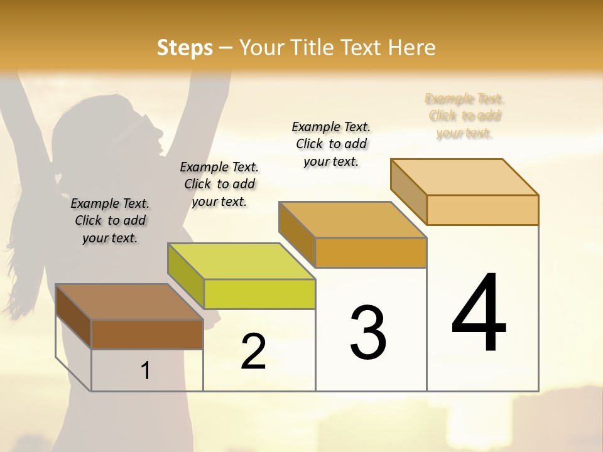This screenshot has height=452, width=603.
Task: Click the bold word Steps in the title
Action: (x=185, y=48)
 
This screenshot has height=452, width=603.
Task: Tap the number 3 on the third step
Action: (x=367, y=332)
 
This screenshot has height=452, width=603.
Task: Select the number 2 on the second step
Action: (x=253, y=352)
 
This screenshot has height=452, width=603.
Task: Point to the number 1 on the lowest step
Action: (x=145, y=371)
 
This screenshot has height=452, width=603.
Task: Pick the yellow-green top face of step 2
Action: (x=242, y=261)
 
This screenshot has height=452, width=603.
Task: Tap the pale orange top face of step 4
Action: (x=465, y=177)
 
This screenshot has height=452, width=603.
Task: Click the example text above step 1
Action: (x=110, y=220)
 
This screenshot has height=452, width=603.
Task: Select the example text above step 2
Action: (x=219, y=184)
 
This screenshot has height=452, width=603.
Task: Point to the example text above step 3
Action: (x=331, y=144)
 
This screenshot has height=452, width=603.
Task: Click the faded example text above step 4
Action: (x=464, y=116)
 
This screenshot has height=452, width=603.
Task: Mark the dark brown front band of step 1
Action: (x=147, y=334)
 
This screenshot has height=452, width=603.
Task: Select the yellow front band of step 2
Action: (x=259, y=294)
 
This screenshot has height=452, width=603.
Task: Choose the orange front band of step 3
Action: (x=371, y=252)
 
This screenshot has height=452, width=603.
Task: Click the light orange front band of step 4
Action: (x=482, y=210)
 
